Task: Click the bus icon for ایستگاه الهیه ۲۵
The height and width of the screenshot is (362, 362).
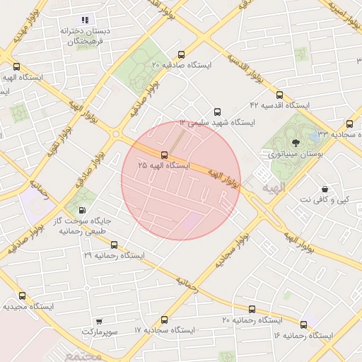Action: click(165, 155)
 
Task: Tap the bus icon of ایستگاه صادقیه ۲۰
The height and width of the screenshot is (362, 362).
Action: click(182, 54)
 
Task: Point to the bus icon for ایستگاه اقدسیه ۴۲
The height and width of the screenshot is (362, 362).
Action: click(279, 95)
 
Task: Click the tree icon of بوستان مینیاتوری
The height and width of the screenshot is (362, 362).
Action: click(296, 144)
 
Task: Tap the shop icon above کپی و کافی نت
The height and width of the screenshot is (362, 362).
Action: click(325, 189)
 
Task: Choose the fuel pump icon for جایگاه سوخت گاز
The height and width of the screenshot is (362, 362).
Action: click(84, 210)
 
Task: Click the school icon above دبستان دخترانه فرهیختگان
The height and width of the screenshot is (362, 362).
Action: click(85, 21)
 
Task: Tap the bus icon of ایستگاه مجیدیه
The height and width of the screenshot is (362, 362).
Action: click(22, 296)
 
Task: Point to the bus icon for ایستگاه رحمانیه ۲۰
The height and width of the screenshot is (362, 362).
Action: click(252, 309)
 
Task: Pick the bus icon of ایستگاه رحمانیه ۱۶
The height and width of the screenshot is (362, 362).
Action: click(304, 325)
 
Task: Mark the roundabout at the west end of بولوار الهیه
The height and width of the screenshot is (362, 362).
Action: click(115, 134)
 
